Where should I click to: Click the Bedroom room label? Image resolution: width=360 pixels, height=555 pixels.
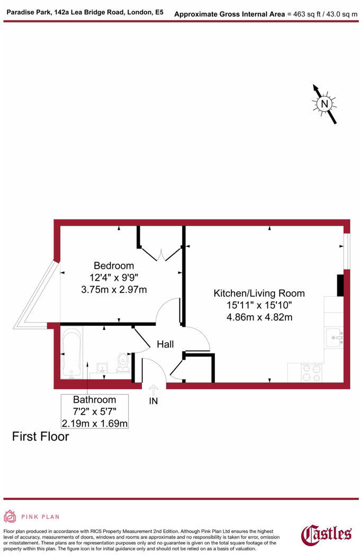click(114, 265)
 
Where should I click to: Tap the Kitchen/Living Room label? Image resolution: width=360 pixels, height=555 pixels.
click(259, 293)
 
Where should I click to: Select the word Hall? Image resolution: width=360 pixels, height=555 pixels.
click(165, 344)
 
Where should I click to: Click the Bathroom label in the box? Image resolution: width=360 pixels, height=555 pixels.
click(94, 399)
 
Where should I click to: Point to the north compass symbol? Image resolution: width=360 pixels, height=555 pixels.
click(325, 103)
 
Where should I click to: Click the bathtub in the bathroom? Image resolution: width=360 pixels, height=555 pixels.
click(71, 352)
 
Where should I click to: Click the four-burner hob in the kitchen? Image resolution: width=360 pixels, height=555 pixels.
click(312, 372)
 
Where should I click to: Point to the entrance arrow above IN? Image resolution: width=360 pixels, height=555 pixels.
click(153, 389)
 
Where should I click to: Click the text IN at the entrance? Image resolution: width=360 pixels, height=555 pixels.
click(153, 401)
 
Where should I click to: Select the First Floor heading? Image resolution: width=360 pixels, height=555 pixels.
click(40, 437)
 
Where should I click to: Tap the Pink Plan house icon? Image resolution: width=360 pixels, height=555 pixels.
click(10, 516)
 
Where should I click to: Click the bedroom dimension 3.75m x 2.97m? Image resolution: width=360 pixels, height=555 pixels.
click(114, 289)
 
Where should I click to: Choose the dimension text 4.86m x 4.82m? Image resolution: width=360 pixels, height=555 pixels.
click(259, 317)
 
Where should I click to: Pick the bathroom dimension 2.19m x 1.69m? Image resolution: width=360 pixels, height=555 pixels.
click(94, 423)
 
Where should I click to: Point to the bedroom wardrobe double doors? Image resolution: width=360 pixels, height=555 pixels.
click(161, 254)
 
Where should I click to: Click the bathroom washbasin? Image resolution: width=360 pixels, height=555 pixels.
click(102, 367)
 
